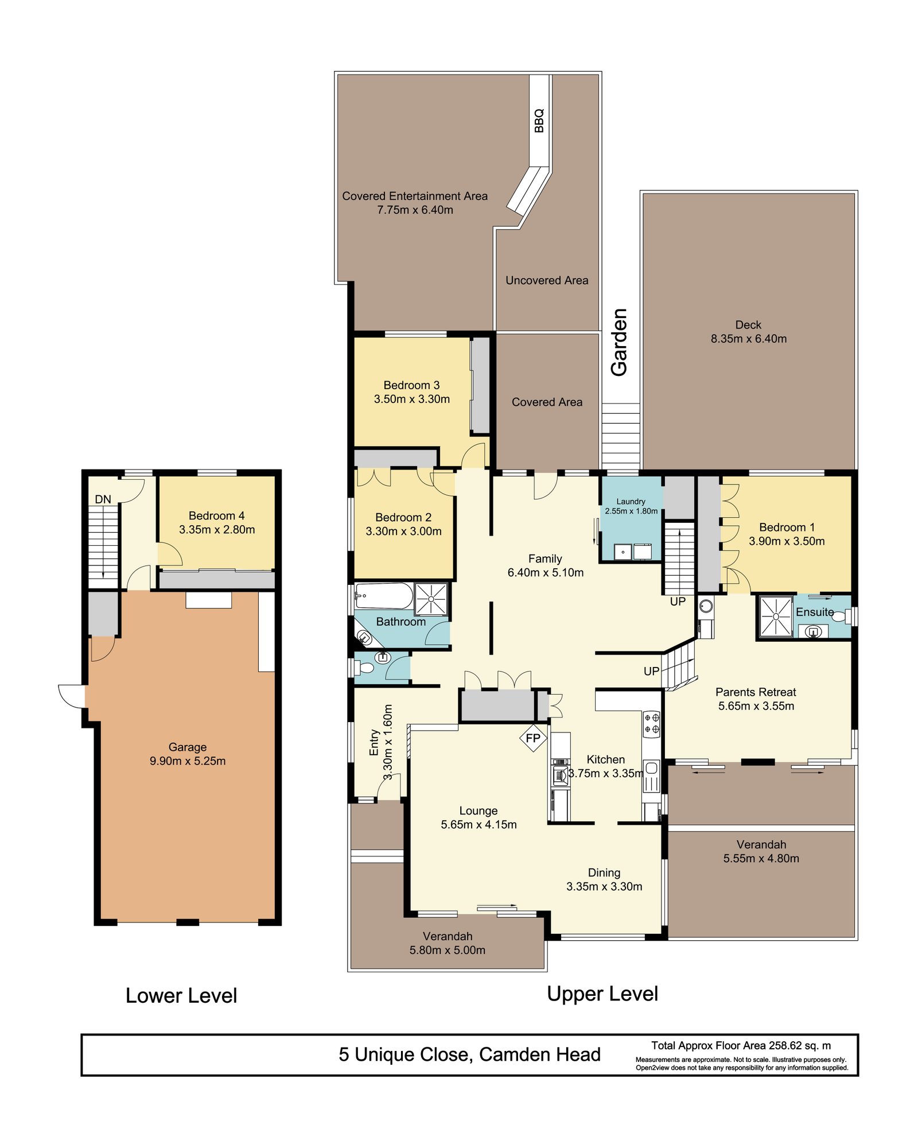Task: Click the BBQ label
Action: [x=539, y=121]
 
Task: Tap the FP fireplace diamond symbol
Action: [x=533, y=738]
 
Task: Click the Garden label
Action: [x=619, y=343]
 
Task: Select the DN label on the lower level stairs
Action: [x=103, y=499]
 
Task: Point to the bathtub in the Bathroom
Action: [x=383, y=596]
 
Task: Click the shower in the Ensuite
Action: [x=776, y=616]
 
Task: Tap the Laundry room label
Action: [x=631, y=502]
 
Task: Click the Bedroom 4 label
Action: [x=217, y=515]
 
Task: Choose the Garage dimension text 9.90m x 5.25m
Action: [x=188, y=761]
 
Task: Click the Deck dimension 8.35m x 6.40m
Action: [x=749, y=339]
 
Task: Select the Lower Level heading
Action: [x=181, y=995]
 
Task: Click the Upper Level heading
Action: [x=602, y=994]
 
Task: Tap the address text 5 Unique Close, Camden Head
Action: [x=469, y=1054]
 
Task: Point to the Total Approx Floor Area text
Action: [x=741, y=1046]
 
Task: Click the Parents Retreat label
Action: [x=756, y=692]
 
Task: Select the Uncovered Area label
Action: [x=547, y=281]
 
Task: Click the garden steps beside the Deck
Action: [x=621, y=436]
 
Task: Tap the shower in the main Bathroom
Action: [x=431, y=599]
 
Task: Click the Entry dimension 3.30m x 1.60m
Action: [x=388, y=742]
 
